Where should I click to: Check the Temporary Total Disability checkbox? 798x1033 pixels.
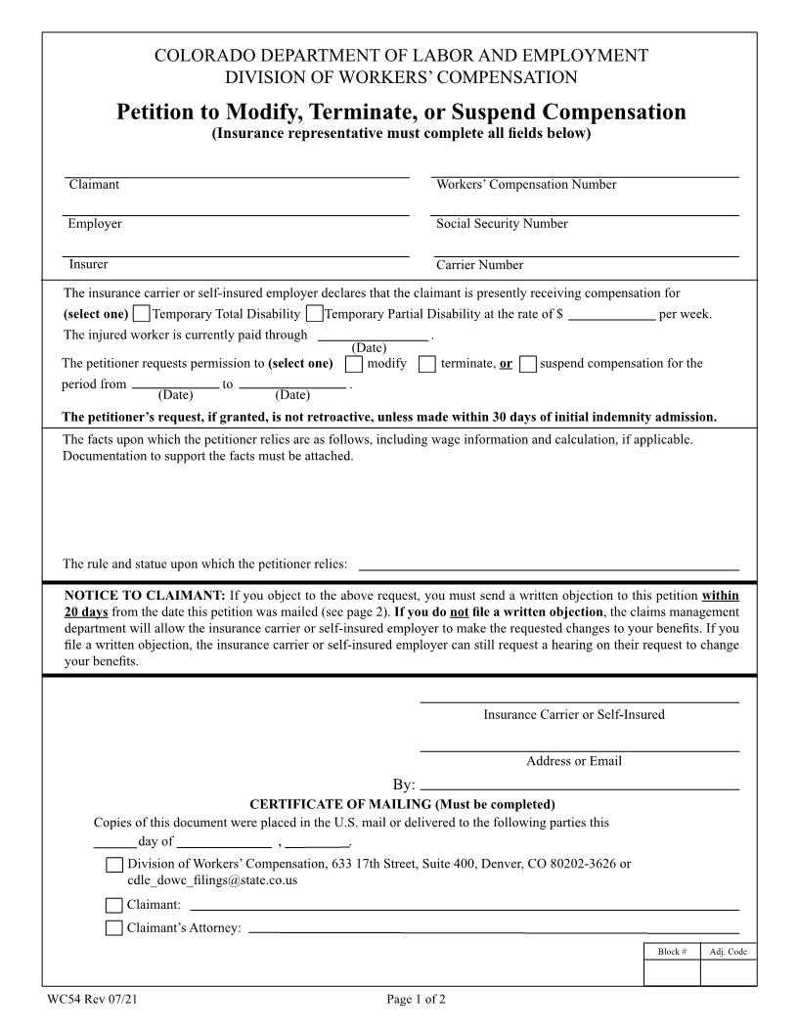click(x=142, y=314)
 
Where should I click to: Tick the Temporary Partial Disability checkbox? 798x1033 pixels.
click(x=314, y=314)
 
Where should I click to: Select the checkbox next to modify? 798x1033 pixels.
click(x=355, y=364)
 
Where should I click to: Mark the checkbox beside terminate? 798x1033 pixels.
click(x=427, y=364)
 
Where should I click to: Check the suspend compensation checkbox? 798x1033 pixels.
click(x=528, y=364)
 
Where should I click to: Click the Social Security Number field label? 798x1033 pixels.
click(x=502, y=224)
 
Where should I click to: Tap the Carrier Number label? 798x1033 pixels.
click(x=479, y=265)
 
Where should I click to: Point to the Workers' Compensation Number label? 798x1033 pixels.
click(x=526, y=185)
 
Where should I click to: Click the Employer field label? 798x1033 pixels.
click(x=95, y=224)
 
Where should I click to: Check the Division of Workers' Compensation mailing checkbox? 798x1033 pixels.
click(x=114, y=865)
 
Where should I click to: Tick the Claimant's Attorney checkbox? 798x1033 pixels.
click(x=114, y=928)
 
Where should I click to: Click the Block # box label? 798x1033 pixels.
click(x=672, y=952)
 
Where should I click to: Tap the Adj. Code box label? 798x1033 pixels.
click(x=728, y=952)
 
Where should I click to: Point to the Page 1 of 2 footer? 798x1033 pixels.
click(x=416, y=1000)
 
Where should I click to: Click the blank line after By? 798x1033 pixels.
click(x=579, y=785)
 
